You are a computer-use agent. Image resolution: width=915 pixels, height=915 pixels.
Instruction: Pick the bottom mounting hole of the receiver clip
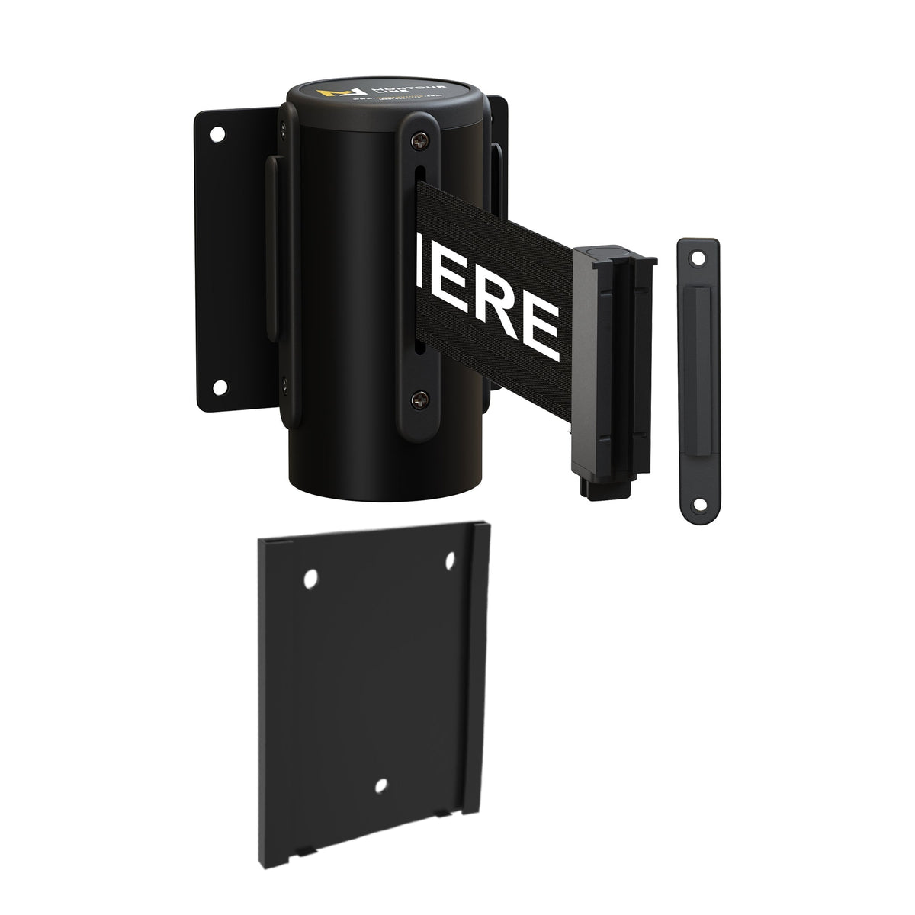coord(696,503)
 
